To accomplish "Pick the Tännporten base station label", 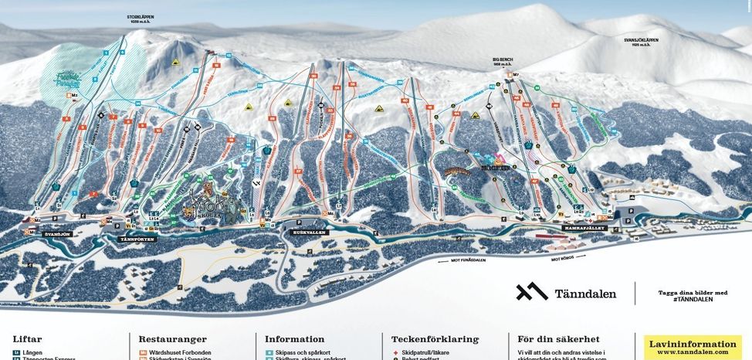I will coord(137,239).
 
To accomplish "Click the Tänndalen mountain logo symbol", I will coord(531,292).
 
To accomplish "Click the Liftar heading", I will coord(27,339).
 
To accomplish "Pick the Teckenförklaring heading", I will coord(435,339).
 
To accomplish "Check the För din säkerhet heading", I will coord(558,339).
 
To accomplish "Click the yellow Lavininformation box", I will coord(692,347).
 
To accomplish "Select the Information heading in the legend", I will coord(294,339).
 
